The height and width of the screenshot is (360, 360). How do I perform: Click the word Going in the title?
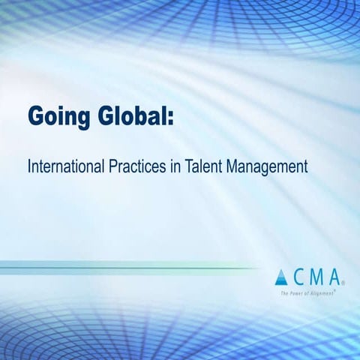coord(58,118)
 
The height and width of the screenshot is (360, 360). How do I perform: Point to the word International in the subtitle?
coord(64,166)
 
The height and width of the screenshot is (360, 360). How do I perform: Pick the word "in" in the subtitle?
coord(178,166)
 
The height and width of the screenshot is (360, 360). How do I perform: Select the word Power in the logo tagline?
coord(296,293)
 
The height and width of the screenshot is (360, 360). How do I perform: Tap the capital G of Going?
coord(37,118)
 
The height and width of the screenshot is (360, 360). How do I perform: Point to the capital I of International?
coord(29,166)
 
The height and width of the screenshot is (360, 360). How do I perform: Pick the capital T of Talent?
coord(192,166)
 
